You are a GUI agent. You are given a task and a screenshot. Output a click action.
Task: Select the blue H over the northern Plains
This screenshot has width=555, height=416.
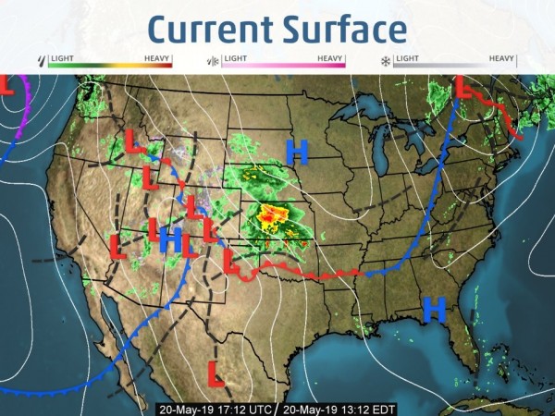pyautogui.click(x=297, y=150)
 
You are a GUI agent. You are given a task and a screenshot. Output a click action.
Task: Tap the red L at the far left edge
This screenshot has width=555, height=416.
pyautogui.click(x=5, y=86)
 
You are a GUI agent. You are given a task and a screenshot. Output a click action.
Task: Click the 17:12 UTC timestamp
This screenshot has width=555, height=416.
pyautogui.click(x=215, y=408)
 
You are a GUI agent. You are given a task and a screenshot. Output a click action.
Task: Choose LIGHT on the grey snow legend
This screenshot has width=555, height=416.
pyautogui.click(x=407, y=58)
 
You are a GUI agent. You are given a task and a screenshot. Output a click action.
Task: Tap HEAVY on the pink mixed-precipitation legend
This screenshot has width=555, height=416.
pyautogui.click(x=330, y=58)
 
